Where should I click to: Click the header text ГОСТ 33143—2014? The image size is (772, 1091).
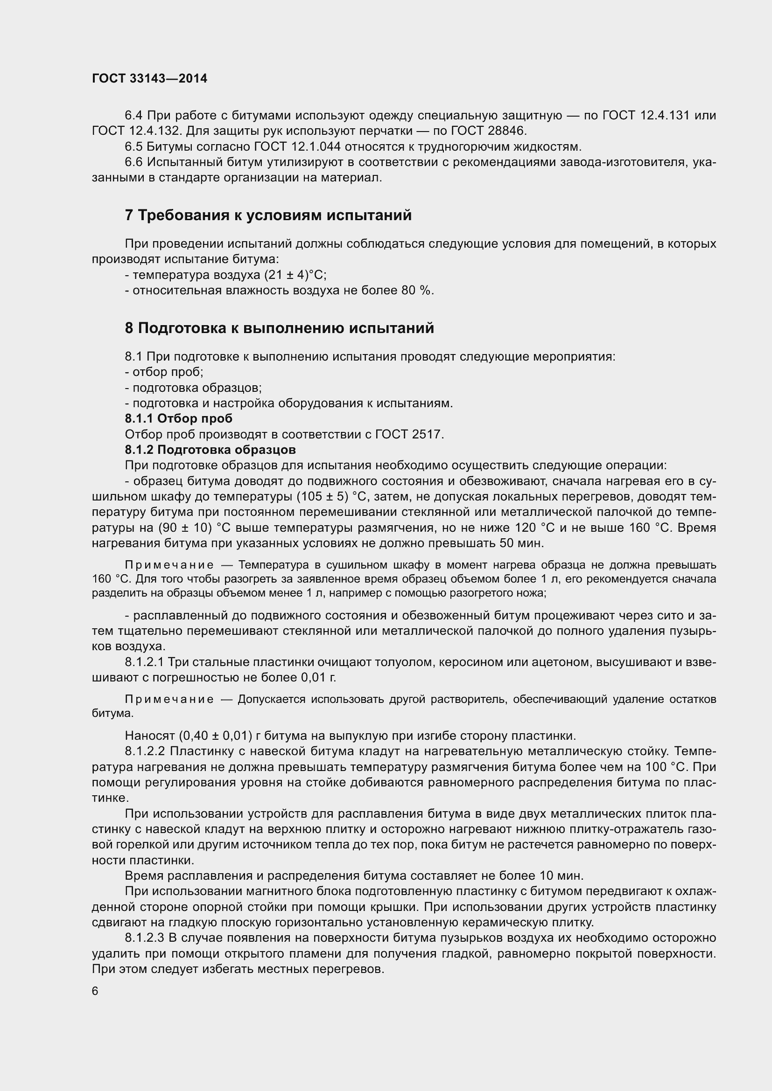(149, 78)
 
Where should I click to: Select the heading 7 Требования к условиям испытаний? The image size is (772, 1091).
(268, 215)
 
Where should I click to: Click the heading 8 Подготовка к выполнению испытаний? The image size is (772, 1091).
(279, 328)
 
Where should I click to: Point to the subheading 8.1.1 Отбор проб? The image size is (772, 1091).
(178, 418)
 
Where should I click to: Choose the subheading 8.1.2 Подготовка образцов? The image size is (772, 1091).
(210, 450)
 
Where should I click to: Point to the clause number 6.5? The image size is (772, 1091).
(133, 146)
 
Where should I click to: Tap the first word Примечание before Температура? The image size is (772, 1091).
(169, 565)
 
